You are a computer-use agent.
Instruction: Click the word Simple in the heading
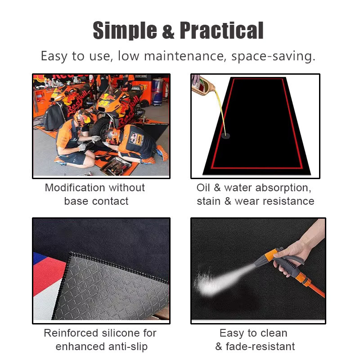tap(125, 31)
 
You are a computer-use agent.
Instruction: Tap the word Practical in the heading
tap(221, 30)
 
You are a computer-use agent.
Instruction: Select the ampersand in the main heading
tap(168, 31)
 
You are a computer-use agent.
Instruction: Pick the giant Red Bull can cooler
tap(157, 92)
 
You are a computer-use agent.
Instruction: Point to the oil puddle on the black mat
tap(225, 136)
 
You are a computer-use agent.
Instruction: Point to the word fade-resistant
tap(260, 346)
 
